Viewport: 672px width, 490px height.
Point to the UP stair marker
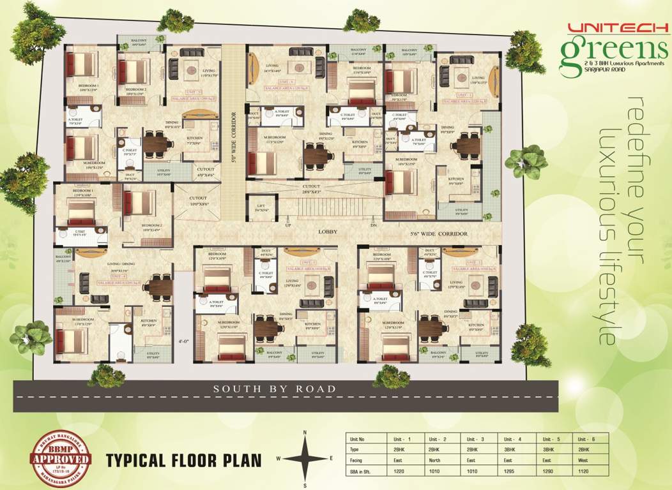(287, 225)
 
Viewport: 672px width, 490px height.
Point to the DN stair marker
(373, 225)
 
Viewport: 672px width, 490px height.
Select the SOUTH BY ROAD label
(275, 388)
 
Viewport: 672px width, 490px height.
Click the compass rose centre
(305, 458)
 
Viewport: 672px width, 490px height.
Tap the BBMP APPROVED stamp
(61, 458)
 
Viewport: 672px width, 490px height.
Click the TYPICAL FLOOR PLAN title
(184, 459)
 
